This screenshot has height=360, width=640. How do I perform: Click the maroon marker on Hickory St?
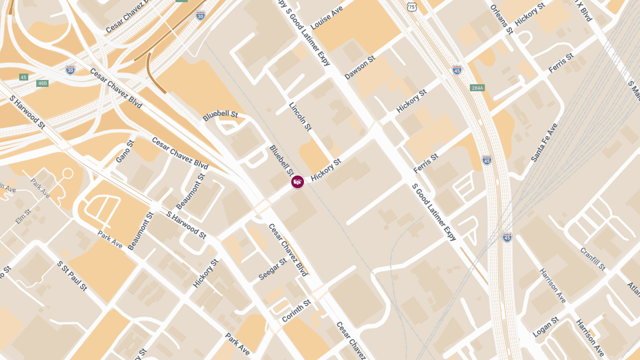298,182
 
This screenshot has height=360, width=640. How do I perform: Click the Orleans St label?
501,20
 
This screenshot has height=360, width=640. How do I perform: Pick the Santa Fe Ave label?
544,142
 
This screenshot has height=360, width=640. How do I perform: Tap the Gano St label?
125,151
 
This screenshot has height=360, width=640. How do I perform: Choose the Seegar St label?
273,269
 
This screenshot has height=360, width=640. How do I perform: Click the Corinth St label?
296,311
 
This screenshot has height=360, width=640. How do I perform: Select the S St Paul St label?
72,276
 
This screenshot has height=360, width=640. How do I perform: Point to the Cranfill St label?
593,259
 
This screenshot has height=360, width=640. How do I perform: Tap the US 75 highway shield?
410,6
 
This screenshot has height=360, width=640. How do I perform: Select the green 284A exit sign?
477,87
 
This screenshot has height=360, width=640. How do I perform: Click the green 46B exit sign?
43,83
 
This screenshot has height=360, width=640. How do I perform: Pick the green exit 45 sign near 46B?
23,77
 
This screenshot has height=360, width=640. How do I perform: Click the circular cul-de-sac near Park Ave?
68,173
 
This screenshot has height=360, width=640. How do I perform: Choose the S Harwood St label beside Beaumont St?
186,225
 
